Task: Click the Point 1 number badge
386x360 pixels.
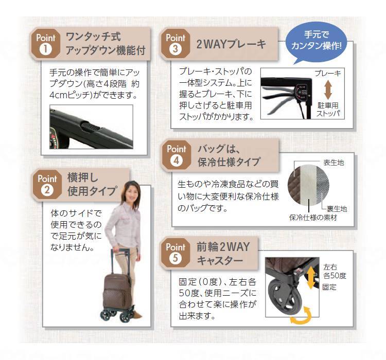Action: (x=45, y=50)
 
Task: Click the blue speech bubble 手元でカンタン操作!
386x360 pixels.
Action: (x=323, y=42)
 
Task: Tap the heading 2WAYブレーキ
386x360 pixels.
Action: (x=231, y=44)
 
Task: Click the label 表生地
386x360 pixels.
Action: (x=333, y=163)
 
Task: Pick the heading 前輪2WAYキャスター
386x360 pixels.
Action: (x=223, y=253)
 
